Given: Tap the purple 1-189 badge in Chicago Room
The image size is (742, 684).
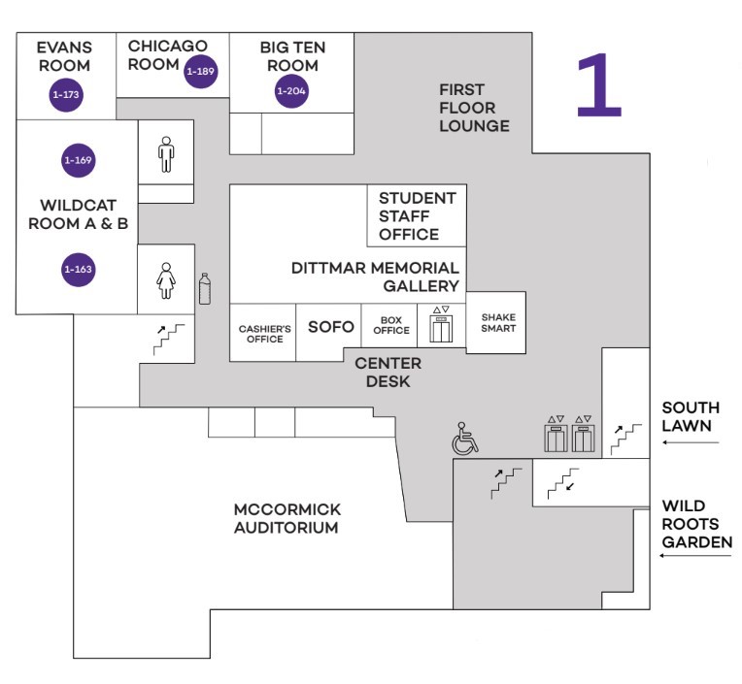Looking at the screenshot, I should coord(200,71).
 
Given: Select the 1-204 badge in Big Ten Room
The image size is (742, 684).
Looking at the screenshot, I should coord(290,91).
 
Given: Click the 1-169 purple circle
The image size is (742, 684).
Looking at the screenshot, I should coord(79,159).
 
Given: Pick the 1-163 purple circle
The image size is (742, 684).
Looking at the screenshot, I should coord(79,269).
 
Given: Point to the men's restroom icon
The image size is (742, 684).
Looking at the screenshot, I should coord(166,153).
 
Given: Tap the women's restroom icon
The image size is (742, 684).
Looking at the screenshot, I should coord(166,279).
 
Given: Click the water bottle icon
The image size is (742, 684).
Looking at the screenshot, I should coord(204,288).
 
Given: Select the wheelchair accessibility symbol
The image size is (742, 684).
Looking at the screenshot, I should coord(465,440).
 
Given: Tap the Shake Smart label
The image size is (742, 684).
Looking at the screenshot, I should coord(497,323).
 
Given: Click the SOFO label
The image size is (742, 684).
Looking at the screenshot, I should coord(330,327).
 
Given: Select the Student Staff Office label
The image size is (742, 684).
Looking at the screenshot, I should coord(416,215).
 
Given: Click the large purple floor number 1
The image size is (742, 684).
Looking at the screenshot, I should coord(598,84).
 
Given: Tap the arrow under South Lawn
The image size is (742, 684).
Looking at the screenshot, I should coord(690,442).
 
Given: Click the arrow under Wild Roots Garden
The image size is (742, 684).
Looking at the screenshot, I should coord(690,556).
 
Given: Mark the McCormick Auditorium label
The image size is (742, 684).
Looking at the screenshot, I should coord(287,519).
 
